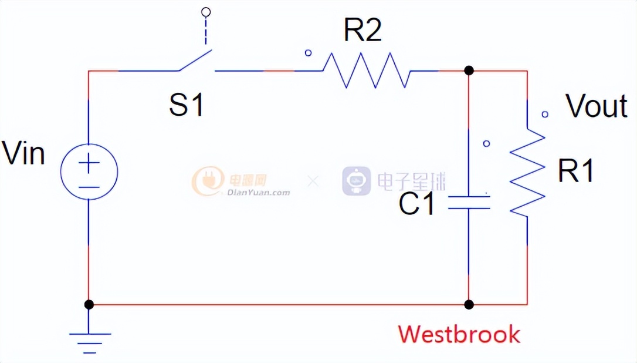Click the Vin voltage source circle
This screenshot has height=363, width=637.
pos(89,172)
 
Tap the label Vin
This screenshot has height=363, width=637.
pos(23,154)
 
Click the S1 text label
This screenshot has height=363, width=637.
pos(187,105)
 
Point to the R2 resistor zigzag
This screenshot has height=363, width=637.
pos(366,70)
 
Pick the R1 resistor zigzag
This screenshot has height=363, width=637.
pos(527,172)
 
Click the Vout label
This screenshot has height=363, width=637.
pos(597,106)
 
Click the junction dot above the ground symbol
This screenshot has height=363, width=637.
pos(89,304)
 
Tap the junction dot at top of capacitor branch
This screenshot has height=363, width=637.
pos(469,70)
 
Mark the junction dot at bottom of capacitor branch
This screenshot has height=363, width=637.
pos(469,304)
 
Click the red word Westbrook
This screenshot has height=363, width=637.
pos(459,334)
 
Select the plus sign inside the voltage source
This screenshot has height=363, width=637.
pos(89,164)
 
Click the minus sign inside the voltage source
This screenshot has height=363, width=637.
pos(89,187)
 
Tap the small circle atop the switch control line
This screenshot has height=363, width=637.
pos(205,11)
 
